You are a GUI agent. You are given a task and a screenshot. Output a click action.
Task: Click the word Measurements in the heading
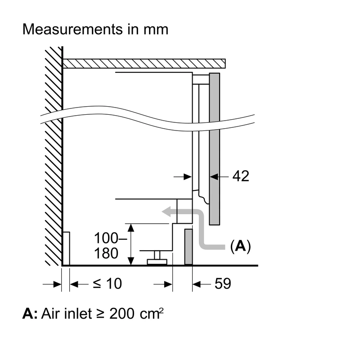[x=72, y=29]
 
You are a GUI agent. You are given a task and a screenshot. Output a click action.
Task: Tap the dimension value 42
[x=241, y=176]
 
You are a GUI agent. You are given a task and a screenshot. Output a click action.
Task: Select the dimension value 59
[x=223, y=284]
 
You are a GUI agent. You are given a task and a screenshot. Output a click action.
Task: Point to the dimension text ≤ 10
[x=107, y=283]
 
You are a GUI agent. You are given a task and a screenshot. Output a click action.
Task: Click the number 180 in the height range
[x=106, y=253]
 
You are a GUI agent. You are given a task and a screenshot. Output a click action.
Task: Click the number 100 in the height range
[x=106, y=238]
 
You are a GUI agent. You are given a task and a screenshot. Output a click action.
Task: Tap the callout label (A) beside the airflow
[x=240, y=246]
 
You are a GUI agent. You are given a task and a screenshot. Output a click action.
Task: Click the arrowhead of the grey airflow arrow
[x=166, y=211]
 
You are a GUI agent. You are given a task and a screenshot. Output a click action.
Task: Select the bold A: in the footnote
[x=30, y=313]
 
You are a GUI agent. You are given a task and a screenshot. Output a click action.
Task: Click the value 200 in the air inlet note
[x=121, y=314]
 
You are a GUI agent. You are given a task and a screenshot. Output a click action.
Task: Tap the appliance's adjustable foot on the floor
[x=157, y=258]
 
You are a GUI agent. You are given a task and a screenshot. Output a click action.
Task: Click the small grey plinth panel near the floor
[x=189, y=247]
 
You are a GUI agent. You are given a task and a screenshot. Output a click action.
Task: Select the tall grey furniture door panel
[x=215, y=149]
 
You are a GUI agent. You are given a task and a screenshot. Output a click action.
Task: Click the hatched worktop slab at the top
[x=144, y=63]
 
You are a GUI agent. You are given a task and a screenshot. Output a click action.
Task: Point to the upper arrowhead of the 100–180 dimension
[x=130, y=228]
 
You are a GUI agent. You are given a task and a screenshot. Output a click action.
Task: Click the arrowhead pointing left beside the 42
[x=214, y=177]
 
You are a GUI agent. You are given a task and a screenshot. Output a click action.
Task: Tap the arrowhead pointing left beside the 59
[x=197, y=284]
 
